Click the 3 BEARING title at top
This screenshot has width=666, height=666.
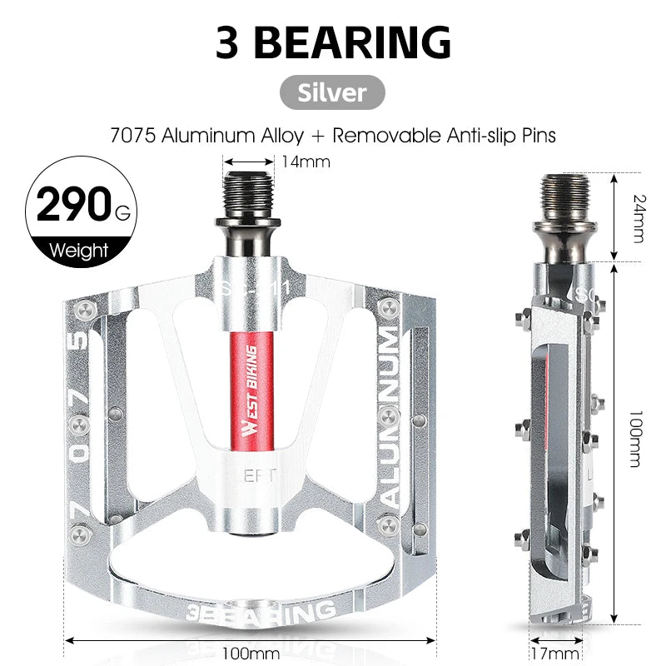333,42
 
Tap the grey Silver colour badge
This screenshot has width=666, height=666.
333,92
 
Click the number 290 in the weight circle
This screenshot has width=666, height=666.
72,204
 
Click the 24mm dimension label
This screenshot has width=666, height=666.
638,218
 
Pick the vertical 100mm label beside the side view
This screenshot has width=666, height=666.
638,441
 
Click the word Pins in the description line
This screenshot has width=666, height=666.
537,133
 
